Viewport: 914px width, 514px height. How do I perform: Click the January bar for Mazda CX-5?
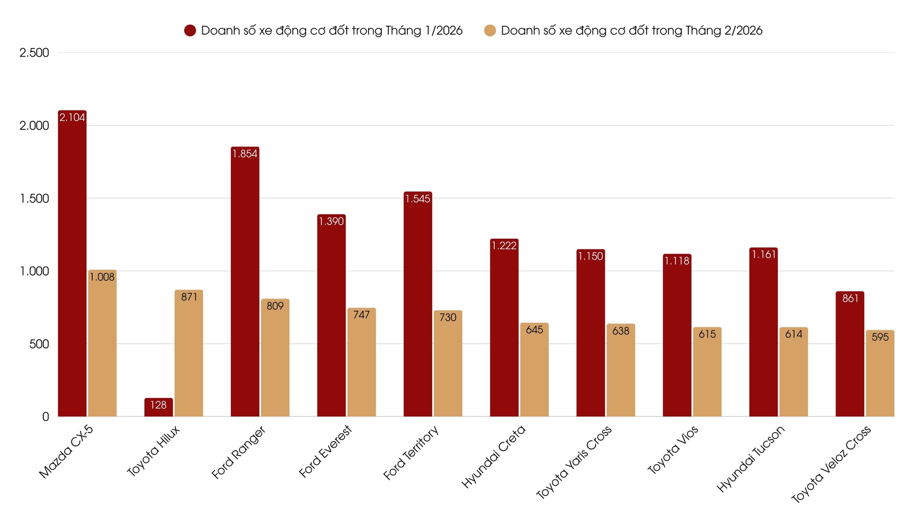(x=72, y=267)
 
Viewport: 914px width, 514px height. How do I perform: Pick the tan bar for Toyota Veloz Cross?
(x=880, y=376)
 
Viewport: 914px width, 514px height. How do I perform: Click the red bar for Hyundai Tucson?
(x=764, y=333)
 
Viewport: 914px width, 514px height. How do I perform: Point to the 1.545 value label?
(x=417, y=199)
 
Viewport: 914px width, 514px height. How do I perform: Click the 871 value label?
(x=189, y=297)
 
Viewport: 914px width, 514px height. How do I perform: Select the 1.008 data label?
(x=102, y=277)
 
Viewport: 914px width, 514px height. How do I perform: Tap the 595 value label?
(x=880, y=337)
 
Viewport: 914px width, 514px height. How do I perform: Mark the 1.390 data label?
(x=331, y=221)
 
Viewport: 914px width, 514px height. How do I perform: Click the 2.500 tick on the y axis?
(x=34, y=53)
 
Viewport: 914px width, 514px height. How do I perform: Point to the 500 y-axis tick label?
(x=39, y=344)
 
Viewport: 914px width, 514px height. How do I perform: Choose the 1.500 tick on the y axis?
(x=34, y=198)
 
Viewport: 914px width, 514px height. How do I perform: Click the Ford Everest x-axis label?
(x=325, y=451)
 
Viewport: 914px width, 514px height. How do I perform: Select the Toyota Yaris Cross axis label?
(x=574, y=462)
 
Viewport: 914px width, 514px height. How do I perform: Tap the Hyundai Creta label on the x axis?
(x=494, y=456)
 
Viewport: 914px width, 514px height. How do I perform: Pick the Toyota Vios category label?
(x=673, y=450)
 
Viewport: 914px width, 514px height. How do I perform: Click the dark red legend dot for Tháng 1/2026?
(x=190, y=30)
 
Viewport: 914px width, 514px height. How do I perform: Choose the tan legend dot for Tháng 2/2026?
(x=490, y=30)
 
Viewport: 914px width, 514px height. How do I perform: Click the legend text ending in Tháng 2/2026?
(x=632, y=30)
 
